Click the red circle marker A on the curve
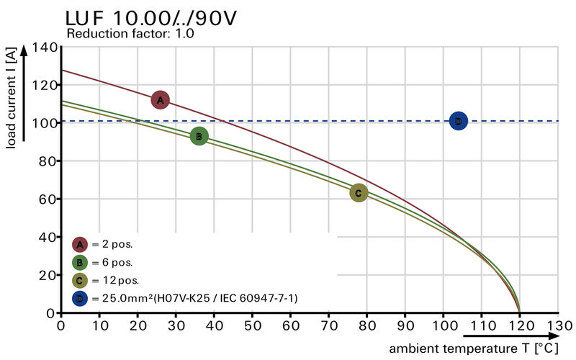(161, 100)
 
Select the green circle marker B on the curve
(199, 136)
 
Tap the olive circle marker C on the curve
(359, 192)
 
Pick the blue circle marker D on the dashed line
(458, 121)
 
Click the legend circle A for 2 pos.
(80, 244)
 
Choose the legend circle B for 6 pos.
(80, 262)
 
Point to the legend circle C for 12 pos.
(80, 280)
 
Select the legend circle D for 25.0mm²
(80, 298)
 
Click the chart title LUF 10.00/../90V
(150, 17)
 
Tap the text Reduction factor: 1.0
(130, 34)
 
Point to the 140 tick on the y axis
(45, 48)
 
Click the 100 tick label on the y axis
(45, 123)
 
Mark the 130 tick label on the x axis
(558, 325)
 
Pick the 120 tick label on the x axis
(520, 325)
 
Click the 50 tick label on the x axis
(252, 325)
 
